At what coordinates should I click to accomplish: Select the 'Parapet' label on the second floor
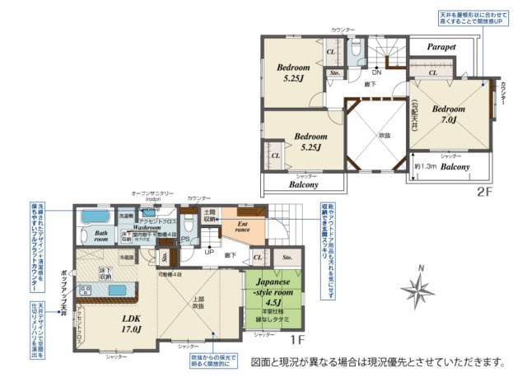(x=441, y=48)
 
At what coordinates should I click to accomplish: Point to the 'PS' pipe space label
(x=185, y=240)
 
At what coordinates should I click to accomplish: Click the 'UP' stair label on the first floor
(x=209, y=252)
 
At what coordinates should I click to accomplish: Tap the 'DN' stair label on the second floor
(x=376, y=72)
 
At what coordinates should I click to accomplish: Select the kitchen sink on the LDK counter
(x=86, y=288)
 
